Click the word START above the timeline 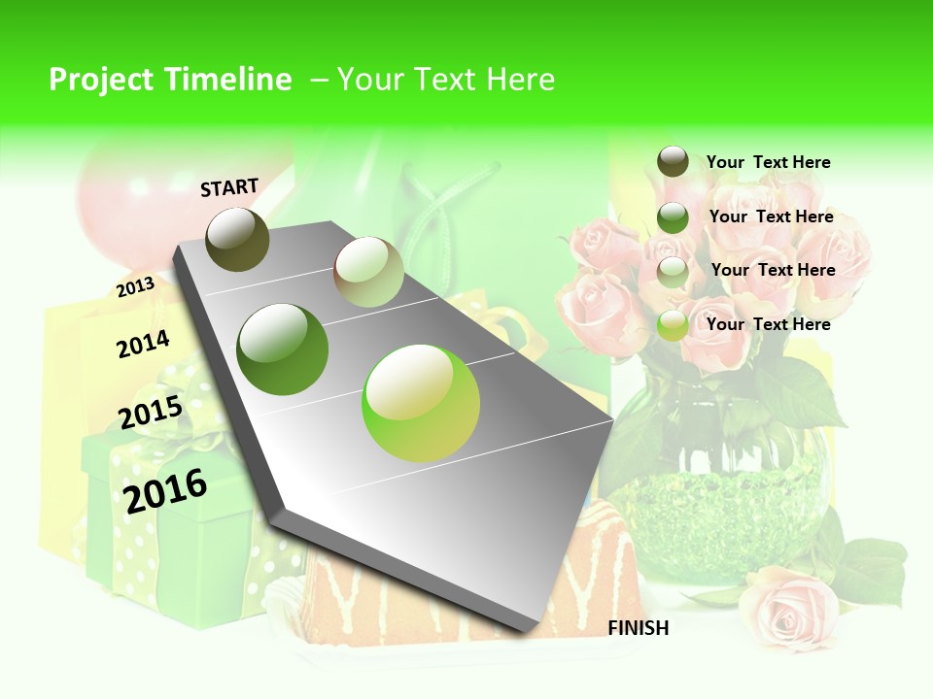coord(229,187)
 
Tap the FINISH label coord(639,628)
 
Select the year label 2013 coord(136,286)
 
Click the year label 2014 coord(143,344)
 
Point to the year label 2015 coord(151,413)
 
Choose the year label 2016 coord(165,490)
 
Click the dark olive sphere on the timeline coord(238,239)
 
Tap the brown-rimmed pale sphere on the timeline coord(368,272)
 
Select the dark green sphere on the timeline coord(283,349)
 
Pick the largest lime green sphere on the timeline coord(421,403)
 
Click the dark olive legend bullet coord(673,162)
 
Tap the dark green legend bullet coord(673,217)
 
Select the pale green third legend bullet coord(673,271)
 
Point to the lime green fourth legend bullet coord(673,325)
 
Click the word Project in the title coord(103,80)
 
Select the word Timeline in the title coord(228,80)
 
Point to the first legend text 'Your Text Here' coord(768,162)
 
